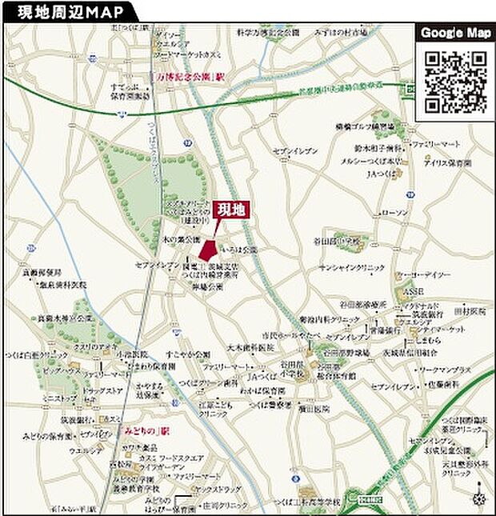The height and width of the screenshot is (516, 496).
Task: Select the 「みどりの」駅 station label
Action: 148,430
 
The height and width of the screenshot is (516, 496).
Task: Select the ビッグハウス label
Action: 61,373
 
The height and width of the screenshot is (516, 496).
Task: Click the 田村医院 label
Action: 470,310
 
